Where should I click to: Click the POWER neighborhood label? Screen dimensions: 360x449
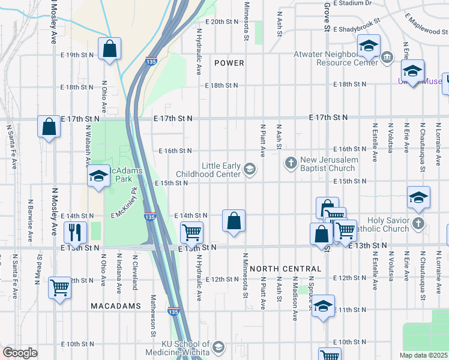pyautogui.click(x=229, y=63)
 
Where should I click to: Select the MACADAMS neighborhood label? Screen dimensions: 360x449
pyautogui.click(x=115, y=306)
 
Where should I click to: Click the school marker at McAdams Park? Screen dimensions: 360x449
pyautogui.click(x=98, y=176)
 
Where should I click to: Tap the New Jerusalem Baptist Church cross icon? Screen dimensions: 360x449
pyautogui.click(x=291, y=163)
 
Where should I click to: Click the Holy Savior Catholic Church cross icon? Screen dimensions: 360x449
pyautogui.click(x=419, y=224)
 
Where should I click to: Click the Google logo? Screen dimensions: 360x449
pyautogui.click(x=20, y=353)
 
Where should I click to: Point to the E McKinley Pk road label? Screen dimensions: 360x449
pyautogui.click(x=125, y=207)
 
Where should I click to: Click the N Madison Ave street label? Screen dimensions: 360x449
pyautogui.click(x=295, y=298)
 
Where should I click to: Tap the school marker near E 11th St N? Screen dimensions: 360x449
pyautogui.click(x=323, y=307)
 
